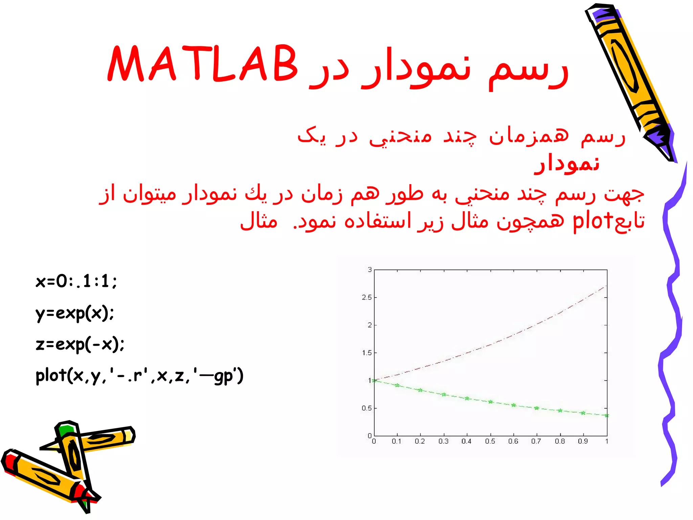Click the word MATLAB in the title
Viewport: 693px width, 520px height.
pos(202,64)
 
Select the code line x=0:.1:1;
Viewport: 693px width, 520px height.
pos(76,281)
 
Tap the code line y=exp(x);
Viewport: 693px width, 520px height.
pos(75,313)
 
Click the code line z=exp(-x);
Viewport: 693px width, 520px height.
pos(80,344)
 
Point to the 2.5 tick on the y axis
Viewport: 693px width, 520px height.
pos(366,298)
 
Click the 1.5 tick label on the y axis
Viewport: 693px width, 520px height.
pos(366,353)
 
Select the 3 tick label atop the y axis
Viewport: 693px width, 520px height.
pos(370,270)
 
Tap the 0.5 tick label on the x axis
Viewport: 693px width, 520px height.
pos(490,441)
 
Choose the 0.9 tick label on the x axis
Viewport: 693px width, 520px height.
pos(583,441)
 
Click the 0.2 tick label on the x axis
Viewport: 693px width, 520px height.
pos(420,441)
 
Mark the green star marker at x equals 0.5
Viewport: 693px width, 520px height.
pos(490,402)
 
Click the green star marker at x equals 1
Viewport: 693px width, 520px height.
pos(607,415)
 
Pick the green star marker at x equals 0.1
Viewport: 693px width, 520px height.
pos(397,385)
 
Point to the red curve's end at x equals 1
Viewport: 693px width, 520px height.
pos(606,286)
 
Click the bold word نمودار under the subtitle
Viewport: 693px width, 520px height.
pos(566,164)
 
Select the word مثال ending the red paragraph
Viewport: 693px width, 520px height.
pos(259,221)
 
